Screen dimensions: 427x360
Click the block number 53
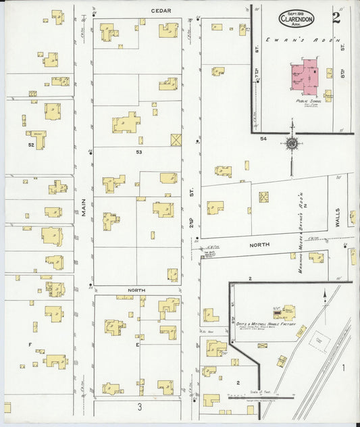pos(138,153)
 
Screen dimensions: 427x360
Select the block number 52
pos(31,145)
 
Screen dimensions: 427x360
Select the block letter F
pos(29,344)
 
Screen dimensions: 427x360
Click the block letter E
pos(137,344)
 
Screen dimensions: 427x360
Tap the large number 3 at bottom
pos(138,407)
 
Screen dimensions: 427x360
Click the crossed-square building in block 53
pos(176,140)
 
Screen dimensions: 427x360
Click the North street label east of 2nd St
pos(259,244)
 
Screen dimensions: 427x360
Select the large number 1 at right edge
pos(343,368)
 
